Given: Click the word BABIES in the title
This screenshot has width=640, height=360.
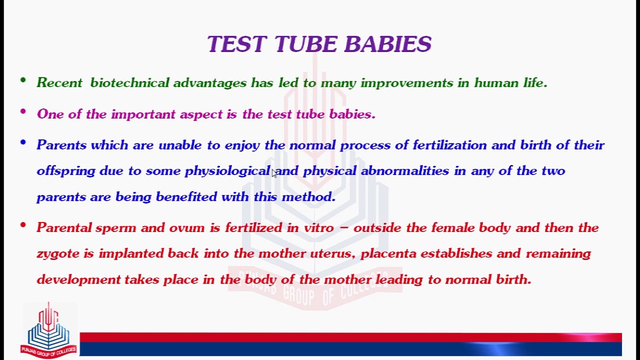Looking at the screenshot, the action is point(387,44).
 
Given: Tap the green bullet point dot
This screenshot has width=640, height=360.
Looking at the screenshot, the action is point(23,80).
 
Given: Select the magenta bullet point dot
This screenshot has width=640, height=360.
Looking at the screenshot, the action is point(23,111).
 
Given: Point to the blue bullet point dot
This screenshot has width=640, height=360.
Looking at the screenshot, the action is point(23,142).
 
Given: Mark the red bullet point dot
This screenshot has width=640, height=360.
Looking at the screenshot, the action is point(23,225).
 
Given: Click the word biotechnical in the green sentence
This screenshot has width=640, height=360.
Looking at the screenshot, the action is point(129,82).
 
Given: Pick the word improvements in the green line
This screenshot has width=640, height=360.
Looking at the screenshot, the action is point(407,83).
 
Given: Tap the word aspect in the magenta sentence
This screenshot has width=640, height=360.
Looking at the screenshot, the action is point(201,114).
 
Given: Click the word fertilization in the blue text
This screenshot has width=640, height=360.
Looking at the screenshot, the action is point(449,145).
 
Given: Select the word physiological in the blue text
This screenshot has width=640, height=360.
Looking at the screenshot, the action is point(227,171).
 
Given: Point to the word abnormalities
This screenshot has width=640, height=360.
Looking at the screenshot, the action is point(405,170).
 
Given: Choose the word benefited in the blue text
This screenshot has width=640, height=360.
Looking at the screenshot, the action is point(186,196).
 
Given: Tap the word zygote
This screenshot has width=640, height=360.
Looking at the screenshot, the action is point(58,254).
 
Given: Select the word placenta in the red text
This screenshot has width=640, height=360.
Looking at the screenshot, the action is point(388,253).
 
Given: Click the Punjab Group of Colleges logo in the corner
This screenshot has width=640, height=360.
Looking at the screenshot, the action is point(48,330).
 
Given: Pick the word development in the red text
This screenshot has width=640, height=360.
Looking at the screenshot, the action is point(79,279).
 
